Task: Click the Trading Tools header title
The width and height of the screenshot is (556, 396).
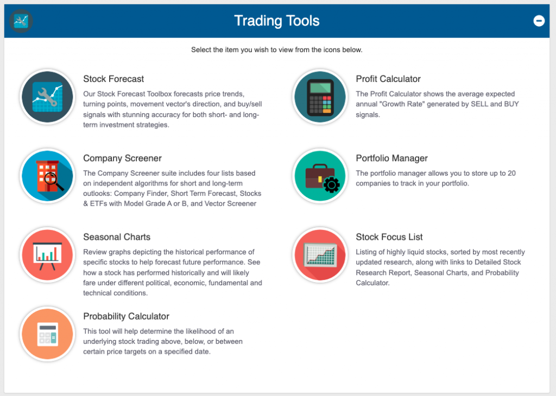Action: point(276,21)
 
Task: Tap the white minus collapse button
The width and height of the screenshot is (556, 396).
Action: point(539,21)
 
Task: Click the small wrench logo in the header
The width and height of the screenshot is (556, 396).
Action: point(21,21)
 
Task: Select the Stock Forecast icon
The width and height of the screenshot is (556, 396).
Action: point(47,97)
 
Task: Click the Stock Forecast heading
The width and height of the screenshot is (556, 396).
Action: point(113,79)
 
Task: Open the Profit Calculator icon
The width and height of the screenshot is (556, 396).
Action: point(320,97)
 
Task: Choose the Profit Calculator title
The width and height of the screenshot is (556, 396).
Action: point(388,79)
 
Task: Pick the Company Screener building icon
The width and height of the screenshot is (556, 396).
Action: point(47,176)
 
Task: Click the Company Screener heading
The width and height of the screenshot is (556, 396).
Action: point(122,158)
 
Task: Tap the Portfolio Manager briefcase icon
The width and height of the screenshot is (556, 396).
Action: point(320,176)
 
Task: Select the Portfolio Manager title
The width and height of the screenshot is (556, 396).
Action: point(392,158)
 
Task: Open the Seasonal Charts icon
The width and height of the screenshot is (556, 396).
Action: point(47,255)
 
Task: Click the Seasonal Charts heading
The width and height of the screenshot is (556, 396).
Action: point(117,237)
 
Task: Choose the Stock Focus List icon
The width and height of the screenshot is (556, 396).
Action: point(320,255)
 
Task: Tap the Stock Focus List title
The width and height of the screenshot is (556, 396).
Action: point(389,237)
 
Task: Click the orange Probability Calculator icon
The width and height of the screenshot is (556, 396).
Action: point(47,334)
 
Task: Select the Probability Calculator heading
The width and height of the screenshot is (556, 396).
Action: point(126,316)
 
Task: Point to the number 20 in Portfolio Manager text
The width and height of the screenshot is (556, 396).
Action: point(511,173)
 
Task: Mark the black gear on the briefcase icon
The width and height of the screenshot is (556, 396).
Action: point(332,184)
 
